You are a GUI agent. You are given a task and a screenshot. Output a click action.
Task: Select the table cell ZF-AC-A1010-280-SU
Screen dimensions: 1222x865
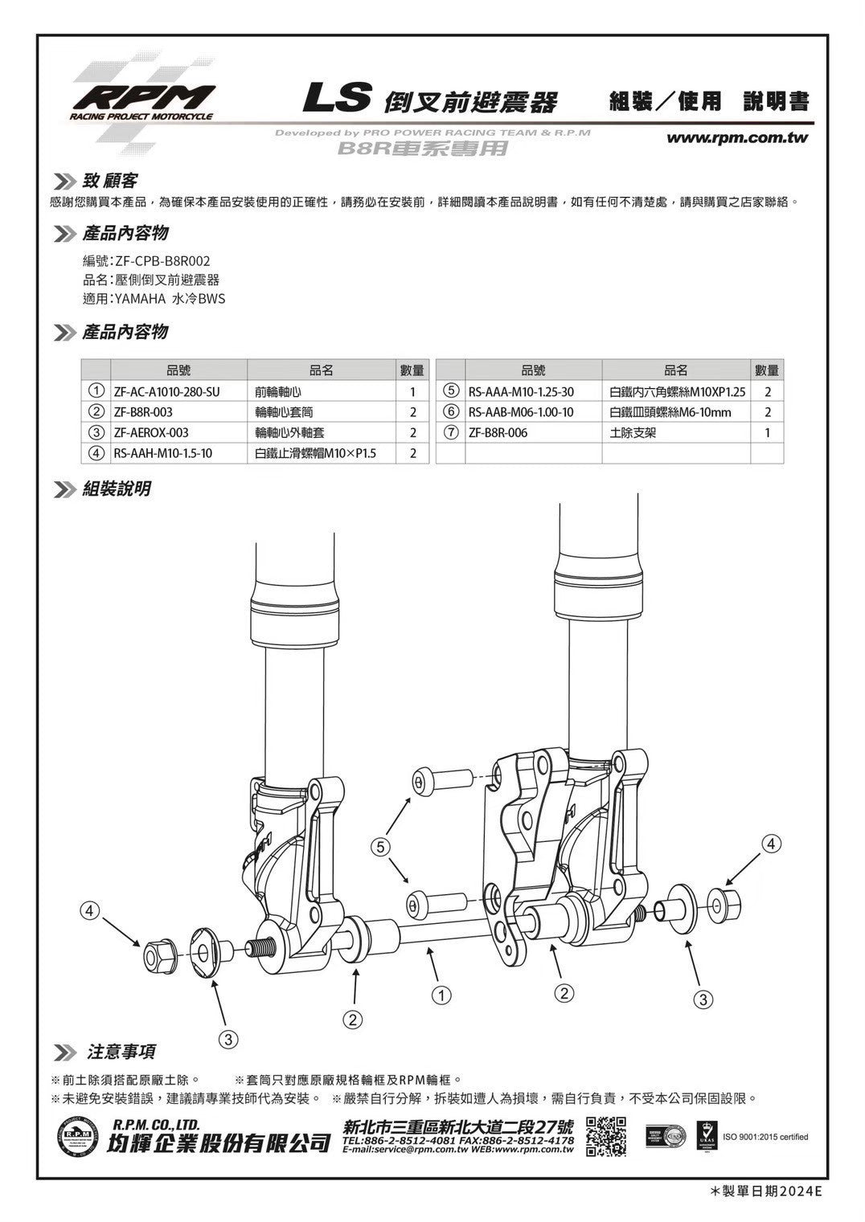tap(166, 392)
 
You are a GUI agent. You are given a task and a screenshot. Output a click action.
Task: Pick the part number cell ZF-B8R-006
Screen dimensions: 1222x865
tap(498, 432)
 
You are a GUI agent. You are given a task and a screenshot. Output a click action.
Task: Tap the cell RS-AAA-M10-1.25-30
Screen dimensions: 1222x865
tap(521, 392)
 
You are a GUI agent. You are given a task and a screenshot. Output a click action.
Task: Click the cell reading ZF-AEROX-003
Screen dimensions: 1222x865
tap(151, 432)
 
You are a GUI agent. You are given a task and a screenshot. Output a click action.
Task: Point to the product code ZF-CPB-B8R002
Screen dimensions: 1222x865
tap(163, 261)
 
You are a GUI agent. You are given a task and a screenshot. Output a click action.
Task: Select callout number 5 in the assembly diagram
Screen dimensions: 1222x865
tap(381, 846)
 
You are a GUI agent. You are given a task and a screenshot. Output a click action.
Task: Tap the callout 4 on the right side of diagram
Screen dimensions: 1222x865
tap(772, 844)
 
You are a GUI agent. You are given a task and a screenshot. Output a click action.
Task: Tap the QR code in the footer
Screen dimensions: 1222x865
tap(605, 1136)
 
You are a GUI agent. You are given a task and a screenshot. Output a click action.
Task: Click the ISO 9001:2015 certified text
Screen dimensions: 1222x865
tap(766, 1136)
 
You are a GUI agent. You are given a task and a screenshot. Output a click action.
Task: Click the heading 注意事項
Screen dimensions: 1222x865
tap(121, 1052)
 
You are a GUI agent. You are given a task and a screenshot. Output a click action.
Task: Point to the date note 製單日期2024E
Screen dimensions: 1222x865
tap(767, 1191)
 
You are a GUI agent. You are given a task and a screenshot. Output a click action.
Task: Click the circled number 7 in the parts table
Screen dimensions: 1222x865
tap(452, 432)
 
